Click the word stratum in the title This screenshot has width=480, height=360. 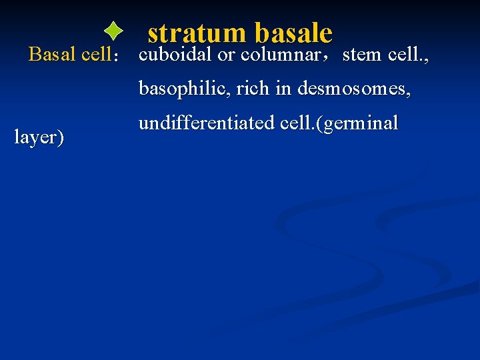coord(197,33)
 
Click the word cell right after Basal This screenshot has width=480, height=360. coord(95,55)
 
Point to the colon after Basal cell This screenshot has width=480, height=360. coord(117,57)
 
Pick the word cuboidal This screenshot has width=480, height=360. coord(175,55)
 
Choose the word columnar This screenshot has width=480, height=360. coord(281,55)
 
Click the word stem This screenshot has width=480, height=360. coord(363,55)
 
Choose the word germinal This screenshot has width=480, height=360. coord(364,124)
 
